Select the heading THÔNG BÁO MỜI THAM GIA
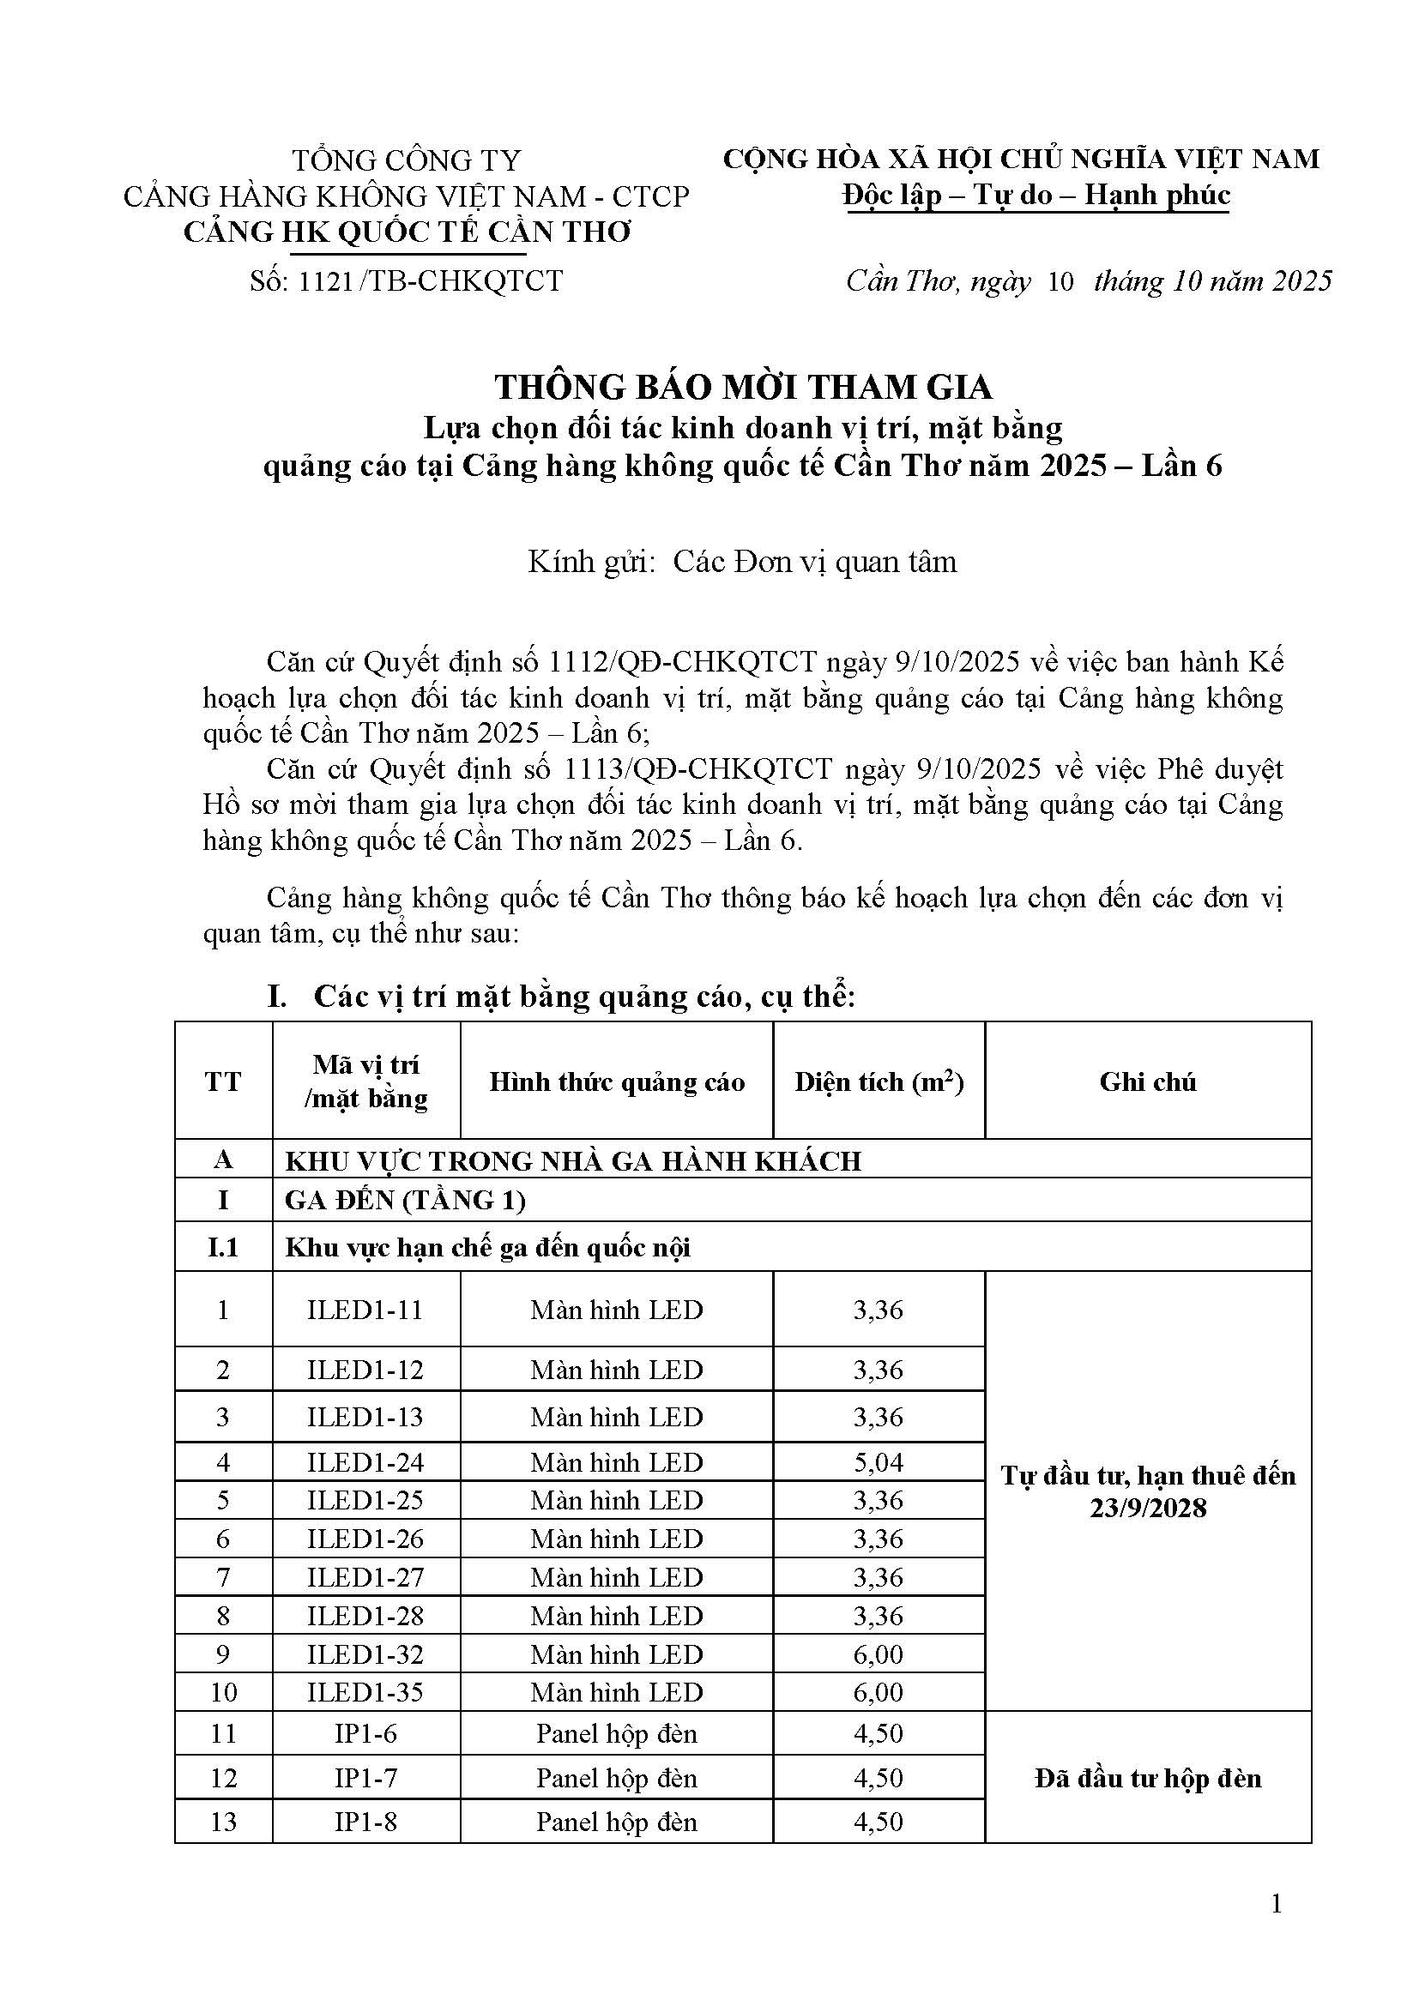click(x=743, y=387)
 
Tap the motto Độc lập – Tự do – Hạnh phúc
click(x=1036, y=195)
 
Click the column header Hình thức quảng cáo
click(x=617, y=1082)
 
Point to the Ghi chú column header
click(x=1147, y=1082)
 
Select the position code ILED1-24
click(x=365, y=1461)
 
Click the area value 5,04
click(x=879, y=1461)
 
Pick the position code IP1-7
click(x=365, y=1778)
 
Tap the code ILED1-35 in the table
click(x=365, y=1692)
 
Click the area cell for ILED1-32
click(x=879, y=1654)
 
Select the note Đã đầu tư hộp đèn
click(x=1147, y=1778)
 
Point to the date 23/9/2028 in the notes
click(x=1147, y=1509)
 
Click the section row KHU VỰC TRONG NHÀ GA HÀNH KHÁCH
click(x=573, y=1160)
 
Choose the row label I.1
click(x=223, y=1247)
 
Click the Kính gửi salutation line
click(x=743, y=562)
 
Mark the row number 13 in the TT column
click(x=223, y=1822)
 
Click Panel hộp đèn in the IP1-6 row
click(x=617, y=1733)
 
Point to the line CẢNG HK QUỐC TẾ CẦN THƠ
click(x=407, y=232)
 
